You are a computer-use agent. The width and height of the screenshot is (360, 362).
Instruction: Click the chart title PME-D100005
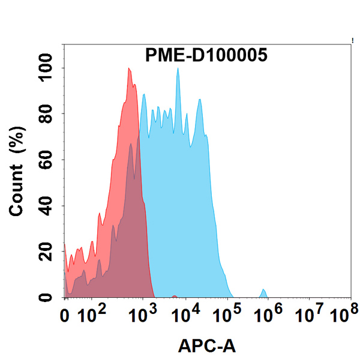tap(206, 55)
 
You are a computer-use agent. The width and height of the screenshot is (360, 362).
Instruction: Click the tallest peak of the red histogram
tap(129, 69)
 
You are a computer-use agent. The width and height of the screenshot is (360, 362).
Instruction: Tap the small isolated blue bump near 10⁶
tap(263, 294)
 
